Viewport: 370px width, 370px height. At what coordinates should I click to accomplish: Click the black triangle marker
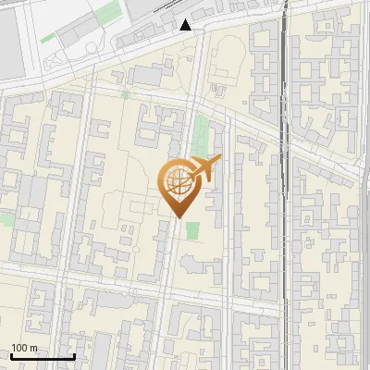(x=187, y=25)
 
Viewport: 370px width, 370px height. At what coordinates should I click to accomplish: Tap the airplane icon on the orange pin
(x=206, y=167)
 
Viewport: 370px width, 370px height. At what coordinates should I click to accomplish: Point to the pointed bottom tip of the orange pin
(x=177, y=217)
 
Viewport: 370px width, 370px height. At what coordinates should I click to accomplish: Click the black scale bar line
(x=43, y=357)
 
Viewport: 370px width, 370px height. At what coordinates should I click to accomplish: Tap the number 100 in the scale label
(x=21, y=348)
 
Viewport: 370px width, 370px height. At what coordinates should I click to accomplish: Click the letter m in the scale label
(x=34, y=348)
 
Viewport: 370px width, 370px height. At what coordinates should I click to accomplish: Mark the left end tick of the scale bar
(x=11, y=355)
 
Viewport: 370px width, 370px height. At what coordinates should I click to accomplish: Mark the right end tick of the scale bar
(x=74, y=355)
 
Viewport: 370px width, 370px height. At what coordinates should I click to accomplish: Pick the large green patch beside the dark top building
(x=109, y=12)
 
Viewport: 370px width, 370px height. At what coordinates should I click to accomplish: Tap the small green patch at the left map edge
(x=5, y=219)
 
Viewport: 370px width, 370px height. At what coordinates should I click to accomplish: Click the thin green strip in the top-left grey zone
(x=47, y=38)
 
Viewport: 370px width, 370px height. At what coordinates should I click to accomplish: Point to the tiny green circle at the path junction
(x=125, y=93)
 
